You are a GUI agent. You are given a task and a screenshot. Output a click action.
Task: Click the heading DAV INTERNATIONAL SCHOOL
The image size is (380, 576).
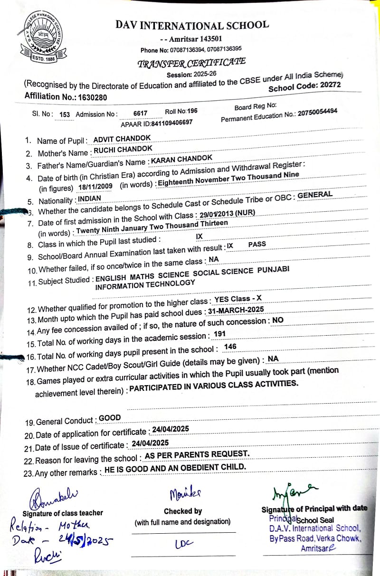[x=192, y=25]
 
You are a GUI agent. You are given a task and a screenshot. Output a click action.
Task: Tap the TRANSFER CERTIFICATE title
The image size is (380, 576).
[x=191, y=63]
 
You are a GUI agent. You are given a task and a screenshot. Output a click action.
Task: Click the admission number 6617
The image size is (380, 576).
[x=140, y=113]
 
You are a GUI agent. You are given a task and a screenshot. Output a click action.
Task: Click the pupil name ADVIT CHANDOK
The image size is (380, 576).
[x=122, y=138]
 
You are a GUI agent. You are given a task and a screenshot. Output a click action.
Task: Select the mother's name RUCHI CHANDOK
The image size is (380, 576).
[x=123, y=150]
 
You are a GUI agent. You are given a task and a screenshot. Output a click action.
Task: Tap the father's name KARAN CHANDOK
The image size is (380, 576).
[x=181, y=159]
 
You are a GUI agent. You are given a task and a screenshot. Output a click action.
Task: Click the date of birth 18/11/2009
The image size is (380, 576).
[x=95, y=188]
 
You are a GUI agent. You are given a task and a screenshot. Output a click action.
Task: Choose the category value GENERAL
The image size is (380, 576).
[x=315, y=195]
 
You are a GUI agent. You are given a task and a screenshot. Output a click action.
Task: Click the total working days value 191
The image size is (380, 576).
[x=219, y=334]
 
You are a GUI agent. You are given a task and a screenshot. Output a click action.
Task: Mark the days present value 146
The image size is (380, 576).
[x=230, y=347]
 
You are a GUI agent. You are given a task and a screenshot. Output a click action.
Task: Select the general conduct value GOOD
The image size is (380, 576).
[x=110, y=418]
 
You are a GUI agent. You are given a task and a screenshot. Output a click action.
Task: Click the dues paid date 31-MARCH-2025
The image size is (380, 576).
[x=236, y=310]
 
